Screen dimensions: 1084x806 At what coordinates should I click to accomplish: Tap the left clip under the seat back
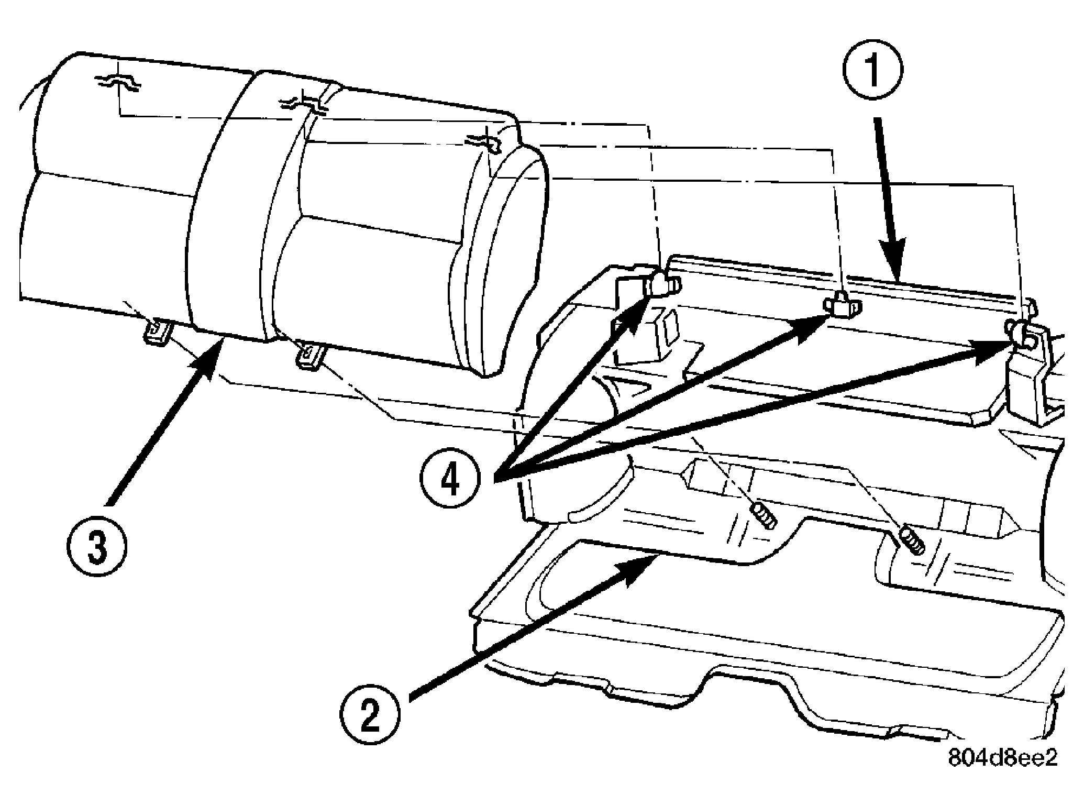point(157,330)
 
